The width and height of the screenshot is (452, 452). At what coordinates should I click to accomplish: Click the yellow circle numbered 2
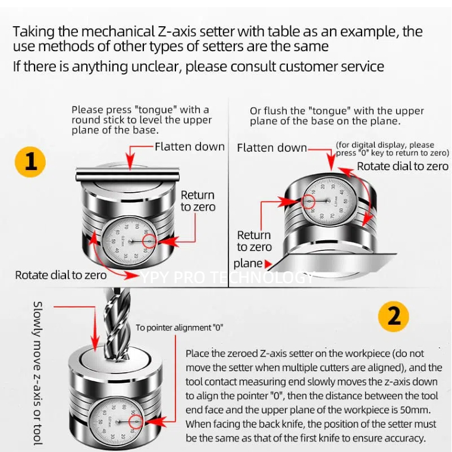[x=394, y=316]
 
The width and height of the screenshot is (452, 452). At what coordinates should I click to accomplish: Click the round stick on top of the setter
[x=128, y=174]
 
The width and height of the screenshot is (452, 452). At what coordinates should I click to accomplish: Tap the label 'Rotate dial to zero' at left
[x=61, y=275]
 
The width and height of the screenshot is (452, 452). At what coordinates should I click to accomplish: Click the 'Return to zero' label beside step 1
[x=197, y=201]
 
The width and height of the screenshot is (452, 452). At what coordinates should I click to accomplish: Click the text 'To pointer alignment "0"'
[x=180, y=328]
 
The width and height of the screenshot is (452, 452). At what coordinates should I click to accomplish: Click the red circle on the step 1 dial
[x=149, y=241]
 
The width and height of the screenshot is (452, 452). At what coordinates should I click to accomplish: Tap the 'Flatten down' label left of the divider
[x=190, y=146]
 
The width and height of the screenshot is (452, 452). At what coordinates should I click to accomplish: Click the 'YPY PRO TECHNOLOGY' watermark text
[x=226, y=277]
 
